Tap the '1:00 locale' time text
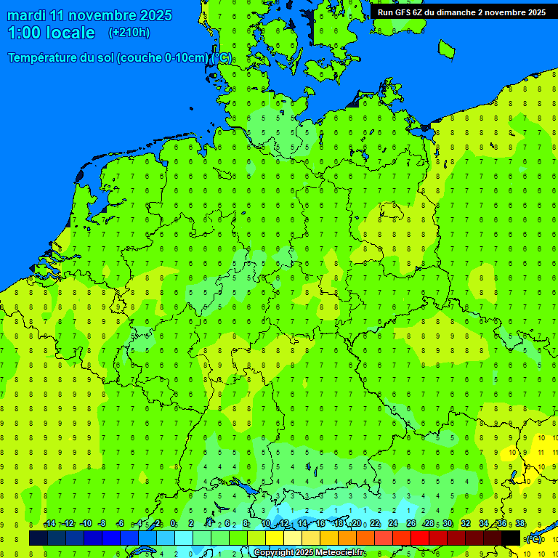pyautogui.click(x=51, y=33)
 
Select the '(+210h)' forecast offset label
pyautogui.click(x=129, y=33)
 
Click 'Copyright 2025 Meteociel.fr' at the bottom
pyautogui.click(x=309, y=553)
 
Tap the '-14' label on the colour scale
pyautogui.click(x=49, y=524)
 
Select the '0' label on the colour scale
pyautogui.click(x=173, y=524)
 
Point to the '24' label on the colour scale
pyautogui.click(x=392, y=524)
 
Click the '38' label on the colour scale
pyautogui.click(x=519, y=524)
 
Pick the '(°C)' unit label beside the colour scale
pyautogui.click(x=534, y=539)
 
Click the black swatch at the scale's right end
pyautogui.click(x=511, y=538)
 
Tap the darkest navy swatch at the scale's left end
pyautogui.click(x=39, y=538)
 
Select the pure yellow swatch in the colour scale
pyautogui.click(x=275, y=538)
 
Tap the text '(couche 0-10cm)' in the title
pyautogui.click(x=163, y=58)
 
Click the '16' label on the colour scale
pyautogui.click(x=320, y=524)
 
